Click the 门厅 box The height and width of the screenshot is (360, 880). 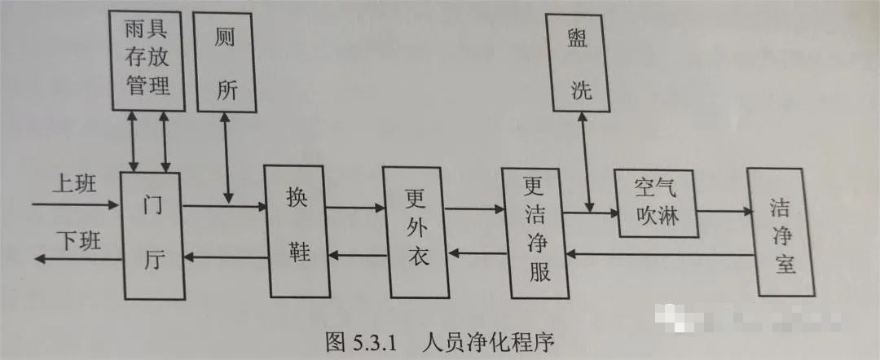coord(152,235)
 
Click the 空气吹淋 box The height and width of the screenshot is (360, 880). coord(657,203)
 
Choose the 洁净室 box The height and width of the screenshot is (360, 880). coord(781,233)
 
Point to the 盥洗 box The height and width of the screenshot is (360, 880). coord(581,66)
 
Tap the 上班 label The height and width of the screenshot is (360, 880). coord(74,183)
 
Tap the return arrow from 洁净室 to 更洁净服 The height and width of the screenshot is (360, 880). coord(661,255)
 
